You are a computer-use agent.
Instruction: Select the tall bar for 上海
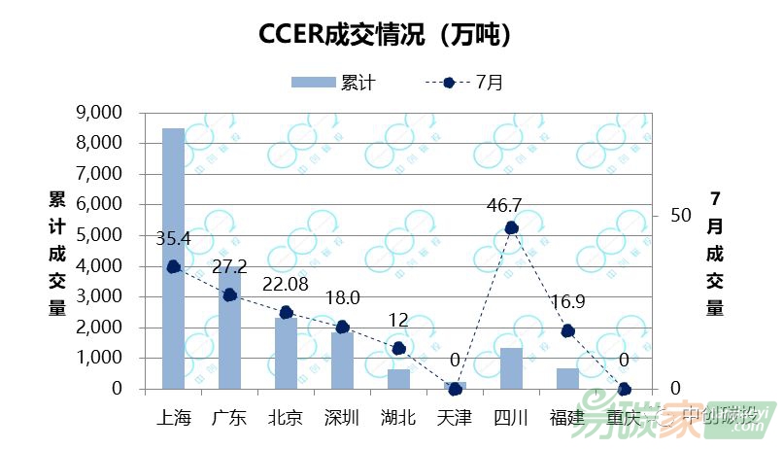(173, 258)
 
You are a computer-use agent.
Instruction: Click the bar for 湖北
(398, 378)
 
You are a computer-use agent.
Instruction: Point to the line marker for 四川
(512, 228)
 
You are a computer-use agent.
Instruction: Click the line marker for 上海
(173, 266)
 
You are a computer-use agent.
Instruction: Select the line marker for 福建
(568, 331)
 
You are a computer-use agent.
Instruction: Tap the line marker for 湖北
(398, 349)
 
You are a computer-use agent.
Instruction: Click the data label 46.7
(504, 205)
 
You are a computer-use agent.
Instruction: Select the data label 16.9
(568, 302)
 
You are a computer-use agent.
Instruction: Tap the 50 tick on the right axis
(680, 215)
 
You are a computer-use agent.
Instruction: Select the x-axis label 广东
(229, 418)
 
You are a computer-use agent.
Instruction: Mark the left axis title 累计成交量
(57, 254)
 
